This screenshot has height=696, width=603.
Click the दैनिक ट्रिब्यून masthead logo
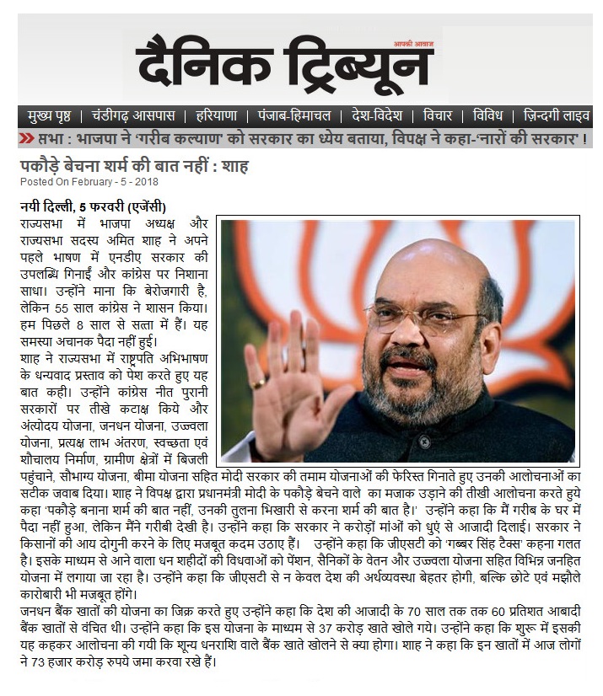[284, 66]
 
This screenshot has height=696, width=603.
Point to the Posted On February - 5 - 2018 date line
[89, 181]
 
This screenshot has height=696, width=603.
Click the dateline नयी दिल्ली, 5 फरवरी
[93, 207]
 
